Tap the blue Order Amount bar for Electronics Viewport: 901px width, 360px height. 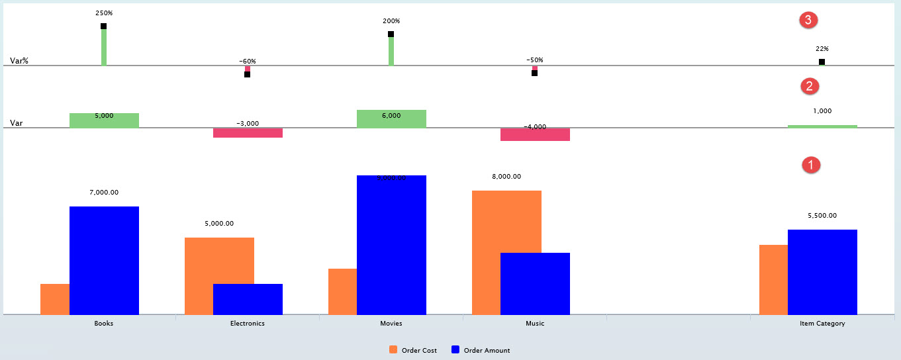tap(248, 299)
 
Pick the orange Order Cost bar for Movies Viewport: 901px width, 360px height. tap(342, 291)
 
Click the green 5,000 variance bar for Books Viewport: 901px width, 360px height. tap(104, 120)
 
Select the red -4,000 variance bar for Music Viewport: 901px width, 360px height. tap(535, 134)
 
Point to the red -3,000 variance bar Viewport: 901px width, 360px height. tap(248, 133)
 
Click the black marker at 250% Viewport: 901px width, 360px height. tap(104, 26)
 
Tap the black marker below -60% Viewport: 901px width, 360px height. tap(248, 74)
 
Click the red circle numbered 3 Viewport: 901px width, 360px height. tap(808, 21)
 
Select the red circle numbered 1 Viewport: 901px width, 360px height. tap(811, 165)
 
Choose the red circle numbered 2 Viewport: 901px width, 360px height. tap(810, 86)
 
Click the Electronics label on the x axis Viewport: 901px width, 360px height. tap(248, 324)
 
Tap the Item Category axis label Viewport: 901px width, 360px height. tap(822, 324)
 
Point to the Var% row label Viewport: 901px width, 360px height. tap(19, 61)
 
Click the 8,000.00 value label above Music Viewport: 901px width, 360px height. tap(506, 177)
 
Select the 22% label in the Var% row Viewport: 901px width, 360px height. tap(822, 48)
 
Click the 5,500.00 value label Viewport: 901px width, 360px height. tap(822, 216)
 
